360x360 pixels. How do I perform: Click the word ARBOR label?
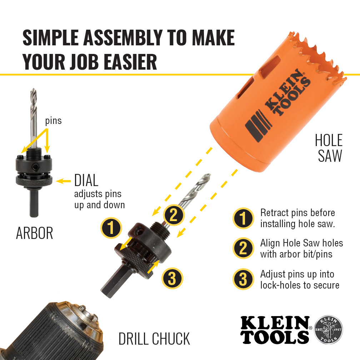[x=34, y=233]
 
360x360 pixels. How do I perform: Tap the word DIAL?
[x=86, y=180]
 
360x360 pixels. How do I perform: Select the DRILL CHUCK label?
[x=154, y=339]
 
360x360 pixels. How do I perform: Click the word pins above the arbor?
[x=53, y=121]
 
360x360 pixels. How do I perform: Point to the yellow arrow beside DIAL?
[x=63, y=181]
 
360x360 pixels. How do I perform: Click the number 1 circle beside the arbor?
[x=111, y=228]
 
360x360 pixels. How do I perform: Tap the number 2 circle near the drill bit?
[x=174, y=215]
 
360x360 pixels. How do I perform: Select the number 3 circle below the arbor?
[x=172, y=278]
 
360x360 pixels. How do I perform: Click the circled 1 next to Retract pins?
[x=243, y=218]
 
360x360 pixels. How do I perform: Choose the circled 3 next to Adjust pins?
[x=243, y=279]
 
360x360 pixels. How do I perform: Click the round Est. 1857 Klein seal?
[x=328, y=329]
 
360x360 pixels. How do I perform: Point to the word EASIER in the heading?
[x=130, y=62]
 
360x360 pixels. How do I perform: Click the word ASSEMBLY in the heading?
[x=123, y=37]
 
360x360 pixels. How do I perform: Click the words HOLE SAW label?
[x=329, y=148]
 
